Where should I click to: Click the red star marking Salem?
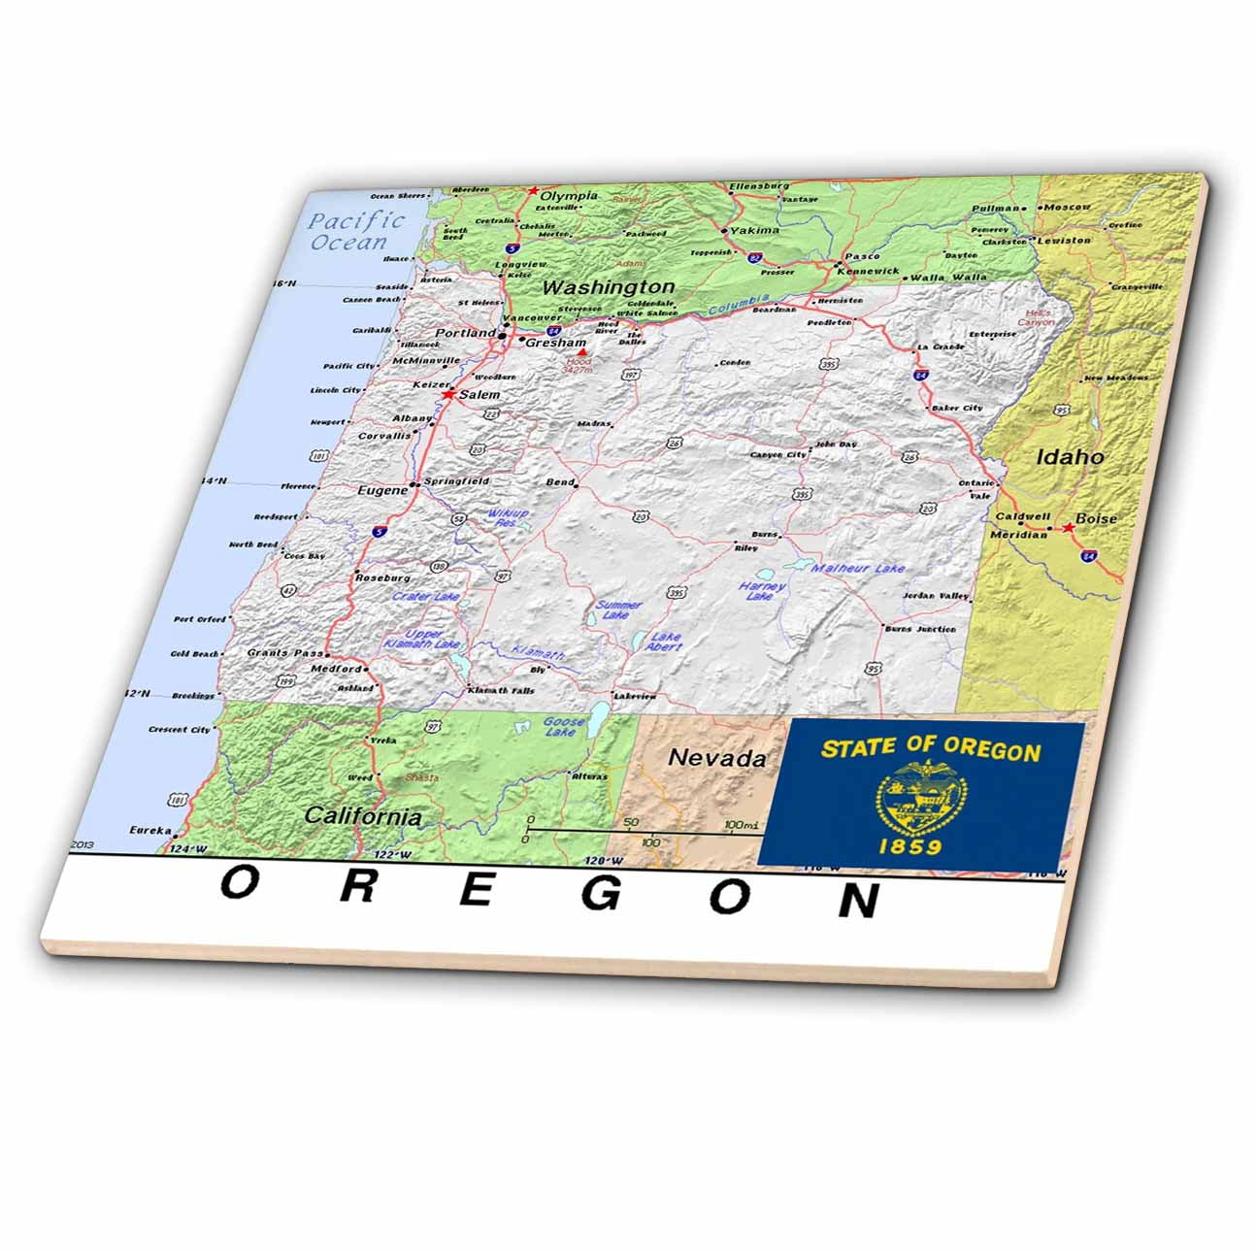(x=448, y=395)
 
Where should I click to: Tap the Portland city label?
(x=465, y=333)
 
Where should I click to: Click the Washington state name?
(x=608, y=287)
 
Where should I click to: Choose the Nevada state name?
(x=717, y=758)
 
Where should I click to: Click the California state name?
(x=363, y=816)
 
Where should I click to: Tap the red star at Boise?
(x=1068, y=527)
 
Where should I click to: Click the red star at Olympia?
(x=533, y=191)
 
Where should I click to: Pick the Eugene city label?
(x=382, y=491)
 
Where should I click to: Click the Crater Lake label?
(x=425, y=597)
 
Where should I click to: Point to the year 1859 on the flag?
(x=909, y=846)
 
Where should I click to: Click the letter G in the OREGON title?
(x=602, y=894)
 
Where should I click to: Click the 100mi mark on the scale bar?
(x=741, y=826)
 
